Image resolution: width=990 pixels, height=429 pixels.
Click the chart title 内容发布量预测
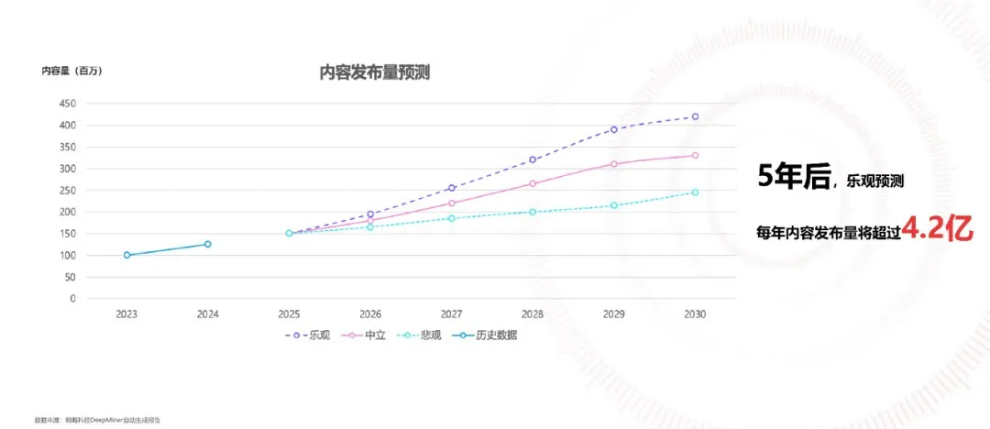tap(374, 73)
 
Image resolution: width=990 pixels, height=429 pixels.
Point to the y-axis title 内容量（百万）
tap(71, 71)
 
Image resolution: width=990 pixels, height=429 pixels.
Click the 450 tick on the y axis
tap(68, 104)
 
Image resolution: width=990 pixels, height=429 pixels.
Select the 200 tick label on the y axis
tap(68, 212)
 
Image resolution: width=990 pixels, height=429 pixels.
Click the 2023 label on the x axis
tap(126, 313)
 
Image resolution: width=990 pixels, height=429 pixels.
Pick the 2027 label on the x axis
tap(451, 313)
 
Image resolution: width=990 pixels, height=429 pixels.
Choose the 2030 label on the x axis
tap(695, 313)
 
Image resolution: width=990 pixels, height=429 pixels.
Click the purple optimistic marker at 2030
tap(695, 116)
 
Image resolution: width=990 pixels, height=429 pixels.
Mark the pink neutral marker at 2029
tap(614, 164)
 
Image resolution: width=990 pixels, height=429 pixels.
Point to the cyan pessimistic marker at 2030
tap(695, 192)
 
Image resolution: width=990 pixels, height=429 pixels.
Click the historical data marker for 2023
tap(126, 255)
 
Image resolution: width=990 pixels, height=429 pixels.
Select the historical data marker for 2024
tap(207, 244)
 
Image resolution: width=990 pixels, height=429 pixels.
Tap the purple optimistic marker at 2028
tap(533, 159)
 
